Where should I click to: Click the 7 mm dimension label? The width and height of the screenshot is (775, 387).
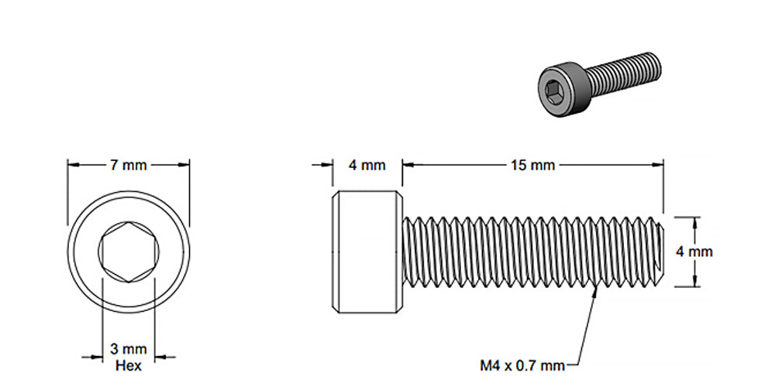(x=129, y=165)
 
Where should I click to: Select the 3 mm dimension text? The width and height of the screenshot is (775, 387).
(x=129, y=349)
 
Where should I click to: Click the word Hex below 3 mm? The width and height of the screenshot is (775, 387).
(x=129, y=365)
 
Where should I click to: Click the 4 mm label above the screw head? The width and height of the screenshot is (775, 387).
(x=367, y=165)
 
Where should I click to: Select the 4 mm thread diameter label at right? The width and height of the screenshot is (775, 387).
(x=694, y=252)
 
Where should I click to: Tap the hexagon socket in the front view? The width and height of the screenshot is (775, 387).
(x=129, y=252)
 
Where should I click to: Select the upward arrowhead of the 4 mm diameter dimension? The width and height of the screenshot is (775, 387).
(x=694, y=222)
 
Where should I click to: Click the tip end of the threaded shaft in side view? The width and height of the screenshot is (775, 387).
(x=660, y=252)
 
